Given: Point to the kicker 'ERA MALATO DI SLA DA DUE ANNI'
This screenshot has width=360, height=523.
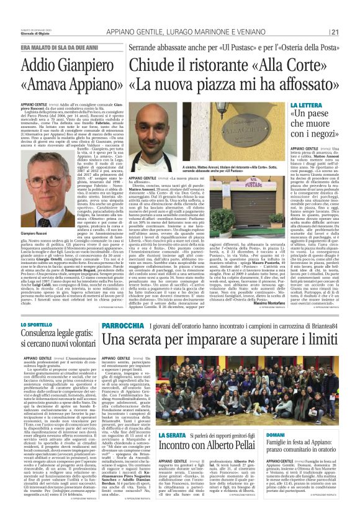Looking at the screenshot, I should pyautogui.click(x=63, y=47).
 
